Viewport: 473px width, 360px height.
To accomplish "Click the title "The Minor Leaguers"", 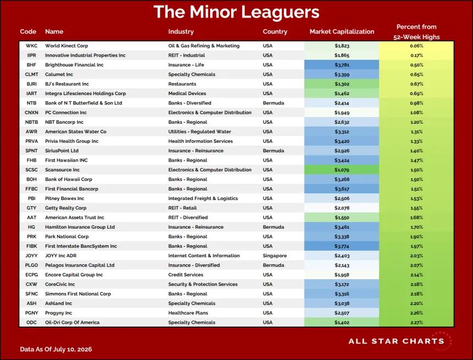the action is click(x=236, y=12).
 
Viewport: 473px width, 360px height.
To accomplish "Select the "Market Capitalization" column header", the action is click(x=342, y=31).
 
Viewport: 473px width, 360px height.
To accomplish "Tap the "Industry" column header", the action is click(x=181, y=31).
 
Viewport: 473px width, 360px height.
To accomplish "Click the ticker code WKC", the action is click(x=31, y=46).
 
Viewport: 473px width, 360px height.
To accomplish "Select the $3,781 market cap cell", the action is click(x=342, y=65).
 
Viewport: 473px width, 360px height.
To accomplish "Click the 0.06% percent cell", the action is click(x=416, y=46).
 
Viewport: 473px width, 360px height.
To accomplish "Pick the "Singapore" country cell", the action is click(x=275, y=256).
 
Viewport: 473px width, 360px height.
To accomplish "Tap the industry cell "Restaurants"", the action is click(x=182, y=84).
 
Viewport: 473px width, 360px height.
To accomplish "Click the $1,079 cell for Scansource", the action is click(x=342, y=170).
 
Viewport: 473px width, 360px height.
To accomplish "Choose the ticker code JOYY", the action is click(x=31, y=256).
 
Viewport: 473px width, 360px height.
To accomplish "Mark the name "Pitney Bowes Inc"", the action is click(x=64, y=198).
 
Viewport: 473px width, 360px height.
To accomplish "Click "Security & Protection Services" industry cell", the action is click(x=203, y=284).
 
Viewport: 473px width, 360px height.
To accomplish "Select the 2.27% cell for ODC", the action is click(x=416, y=322).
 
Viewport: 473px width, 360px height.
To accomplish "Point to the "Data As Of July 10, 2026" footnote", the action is click(x=56, y=349).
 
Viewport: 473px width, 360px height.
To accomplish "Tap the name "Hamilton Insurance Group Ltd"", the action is click(x=80, y=227).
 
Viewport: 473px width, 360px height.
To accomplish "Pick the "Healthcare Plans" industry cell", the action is click(x=188, y=313).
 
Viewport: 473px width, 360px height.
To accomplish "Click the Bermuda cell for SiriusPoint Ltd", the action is click(x=273, y=151).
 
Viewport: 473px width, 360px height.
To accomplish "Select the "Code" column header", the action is click(x=28, y=31).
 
